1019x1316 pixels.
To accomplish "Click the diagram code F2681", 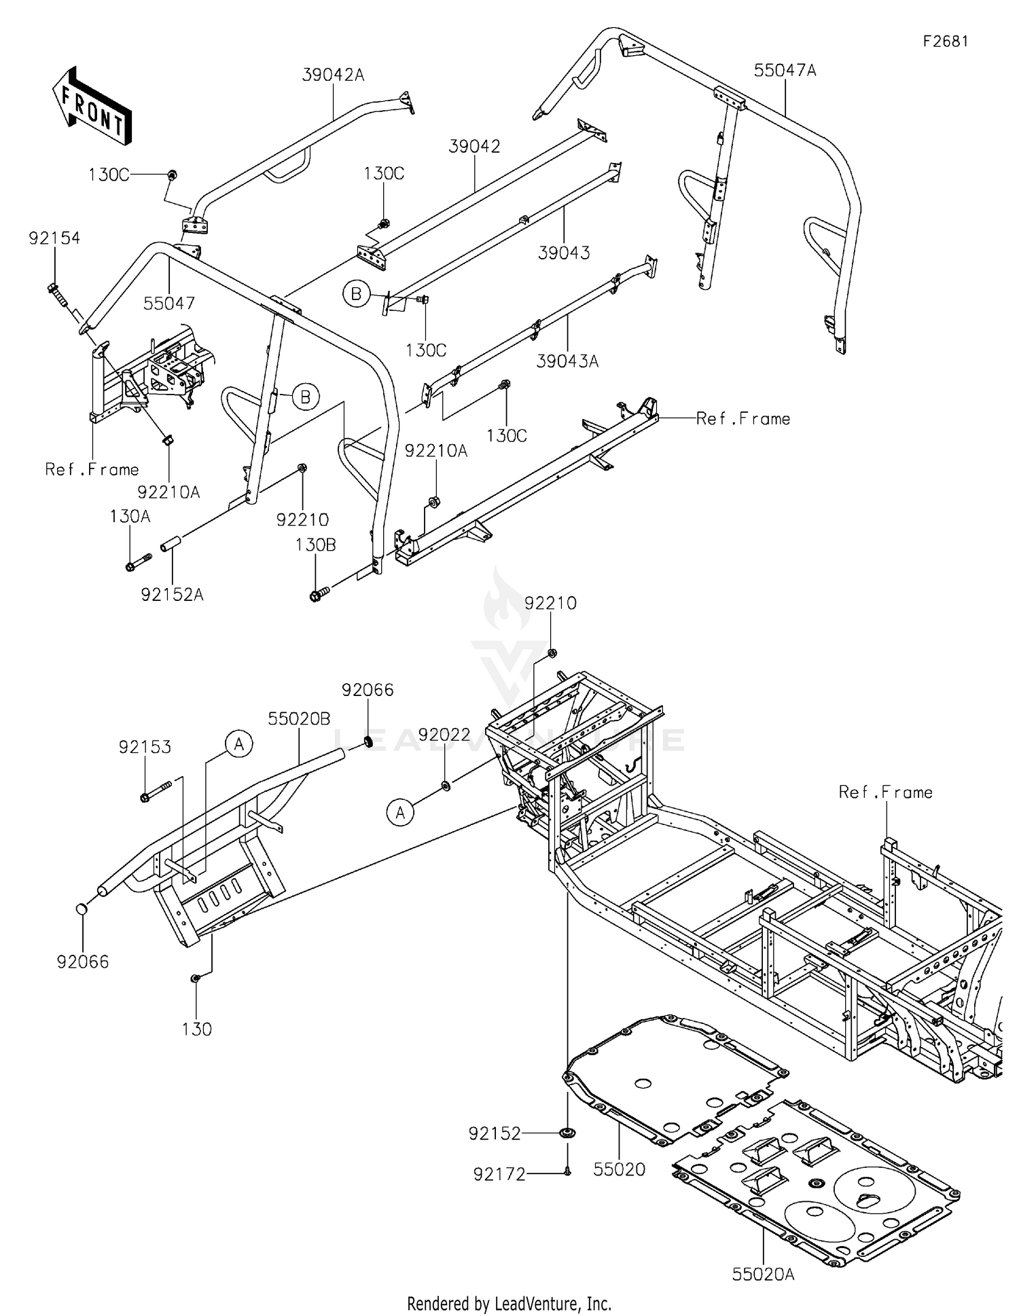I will coord(945,41).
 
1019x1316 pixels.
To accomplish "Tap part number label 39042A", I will coord(333,75).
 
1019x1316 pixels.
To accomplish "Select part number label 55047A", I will coord(785,70).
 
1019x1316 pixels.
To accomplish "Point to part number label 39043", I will coord(564,253).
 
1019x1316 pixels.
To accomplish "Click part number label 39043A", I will coord(567,361).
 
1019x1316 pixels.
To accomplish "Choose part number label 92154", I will coord(54,238).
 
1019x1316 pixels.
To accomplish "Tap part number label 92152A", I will coord(172,594).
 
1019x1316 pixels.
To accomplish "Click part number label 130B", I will coord(315,545).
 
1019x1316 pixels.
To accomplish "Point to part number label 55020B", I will coord(299,718).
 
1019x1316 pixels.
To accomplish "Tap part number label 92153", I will coord(145,747).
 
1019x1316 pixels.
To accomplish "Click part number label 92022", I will coord(444,735).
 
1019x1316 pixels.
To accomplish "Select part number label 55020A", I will coord(763,1274).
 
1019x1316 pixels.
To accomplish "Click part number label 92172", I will coord(499,1174).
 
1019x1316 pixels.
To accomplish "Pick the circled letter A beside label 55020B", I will coord(239,744).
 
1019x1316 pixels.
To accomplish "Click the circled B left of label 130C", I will coord(356,294).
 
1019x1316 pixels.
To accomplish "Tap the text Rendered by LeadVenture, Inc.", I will coord(509,1303).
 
